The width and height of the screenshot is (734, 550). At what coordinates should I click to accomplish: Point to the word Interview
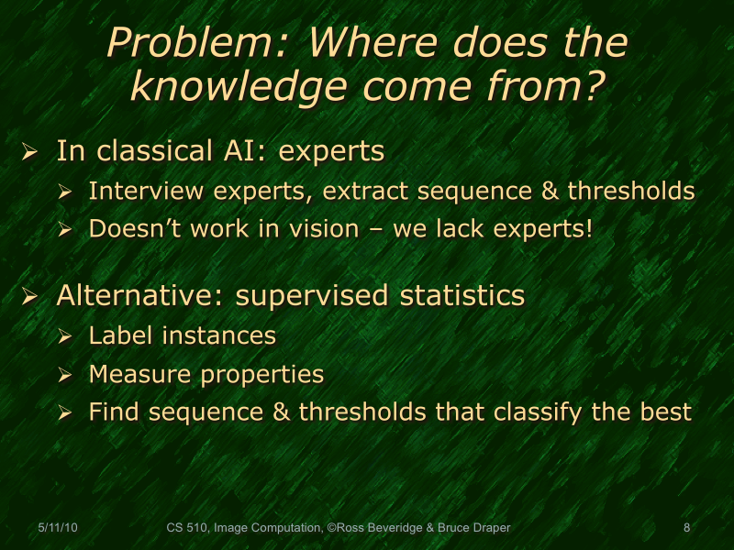pos(139,192)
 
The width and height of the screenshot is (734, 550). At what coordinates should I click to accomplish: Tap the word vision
pos(334,229)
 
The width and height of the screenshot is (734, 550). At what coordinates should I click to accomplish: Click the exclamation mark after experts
pos(588,229)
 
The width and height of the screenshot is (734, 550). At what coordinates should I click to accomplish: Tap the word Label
pos(122,336)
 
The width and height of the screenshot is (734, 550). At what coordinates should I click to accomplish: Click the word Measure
pos(140,374)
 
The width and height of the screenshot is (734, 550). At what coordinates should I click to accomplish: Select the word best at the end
pos(663,412)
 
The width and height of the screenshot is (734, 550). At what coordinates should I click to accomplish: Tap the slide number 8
pos(686,528)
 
